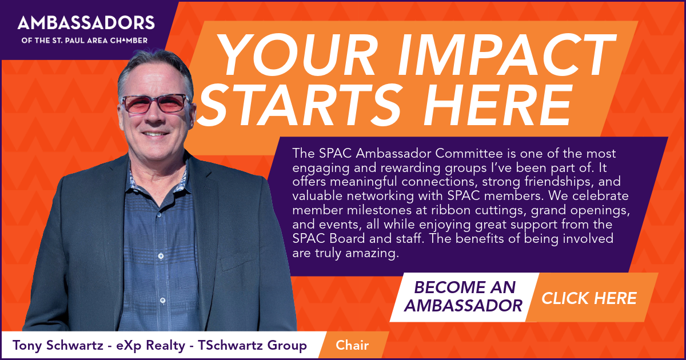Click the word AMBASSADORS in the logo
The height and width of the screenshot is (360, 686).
86,23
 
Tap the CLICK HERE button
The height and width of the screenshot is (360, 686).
589,298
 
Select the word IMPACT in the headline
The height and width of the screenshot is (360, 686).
506,54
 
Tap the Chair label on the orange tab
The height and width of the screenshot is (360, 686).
352,345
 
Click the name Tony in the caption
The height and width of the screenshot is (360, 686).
27,346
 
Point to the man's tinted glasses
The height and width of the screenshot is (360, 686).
155,103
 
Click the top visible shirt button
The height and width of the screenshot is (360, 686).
159,215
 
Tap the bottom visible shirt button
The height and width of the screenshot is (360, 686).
162,301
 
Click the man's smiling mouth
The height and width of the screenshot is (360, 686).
155,134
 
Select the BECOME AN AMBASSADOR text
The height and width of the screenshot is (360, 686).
464,297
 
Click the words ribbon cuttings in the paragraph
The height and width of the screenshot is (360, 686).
478,211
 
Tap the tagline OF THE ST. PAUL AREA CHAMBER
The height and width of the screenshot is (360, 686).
85,41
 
